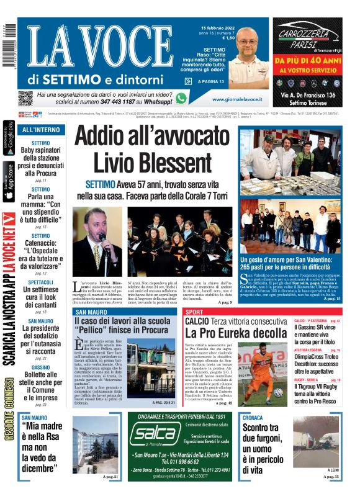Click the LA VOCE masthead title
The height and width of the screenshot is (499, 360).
click(99, 47)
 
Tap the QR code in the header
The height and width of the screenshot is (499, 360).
click(25, 98)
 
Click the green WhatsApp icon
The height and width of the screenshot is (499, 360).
click(181, 97)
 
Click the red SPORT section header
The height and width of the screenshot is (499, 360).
click(194, 311)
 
